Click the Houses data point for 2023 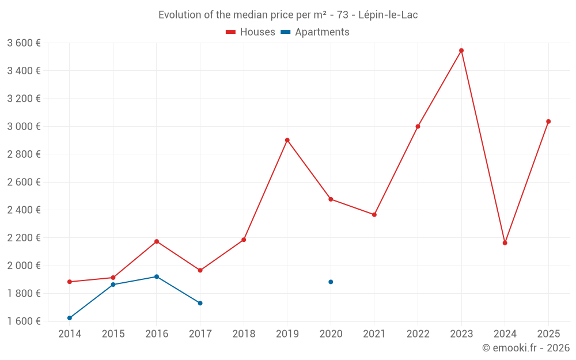pyautogui.click(x=461, y=51)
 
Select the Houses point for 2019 pyautogui.click(x=287, y=140)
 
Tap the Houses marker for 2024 pyautogui.click(x=505, y=243)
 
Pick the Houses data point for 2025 pyautogui.click(x=548, y=122)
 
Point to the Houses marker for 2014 pyautogui.click(x=70, y=282)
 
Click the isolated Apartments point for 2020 pyautogui.click(x=331, y=282)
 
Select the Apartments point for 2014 pyautogui.click(x=70, y=318)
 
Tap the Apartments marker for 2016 pyautogui.click(x=157, y=276)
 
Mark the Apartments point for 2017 pyautogui.click(x=200, y=303)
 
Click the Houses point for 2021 pyautogui.click(x=374, y=215)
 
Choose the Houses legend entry pyautogui.click(x=251, y=32)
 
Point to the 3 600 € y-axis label pyautogui.click(x=24, y=43)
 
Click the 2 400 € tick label pyautogui.click(x=24, y=210)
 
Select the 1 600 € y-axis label pyautogui.click(x=24, y=321)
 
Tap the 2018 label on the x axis pyautogui.click(x=244, y=334)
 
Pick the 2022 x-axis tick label pyautogui.click(x=418, y=334)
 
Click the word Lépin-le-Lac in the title pyautogui.click(x=388, y=15)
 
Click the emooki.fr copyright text pyautogui.click(x=526, y=348)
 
